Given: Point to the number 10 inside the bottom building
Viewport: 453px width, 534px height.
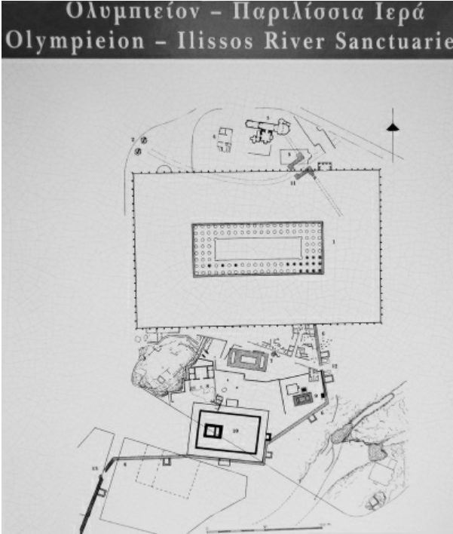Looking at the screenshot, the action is click(x=237, y=428).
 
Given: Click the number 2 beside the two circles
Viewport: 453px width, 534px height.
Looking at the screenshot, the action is click(x=132, y=140).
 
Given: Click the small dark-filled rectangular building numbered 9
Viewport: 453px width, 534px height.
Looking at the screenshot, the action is click(x=303, y=397).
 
